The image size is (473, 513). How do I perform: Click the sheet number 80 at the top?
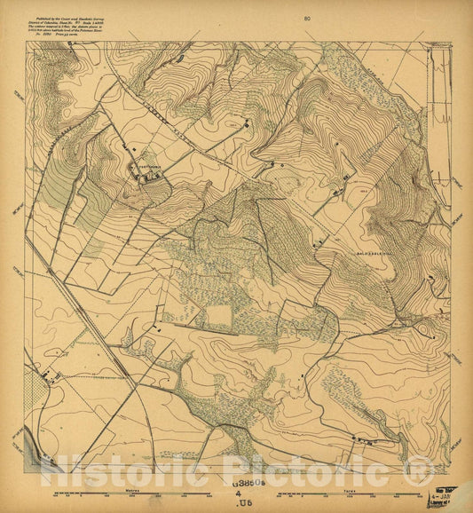pyautogui.click(x=307, y=18)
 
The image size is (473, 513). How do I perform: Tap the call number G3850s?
pyautogui.click(x=251, y=485)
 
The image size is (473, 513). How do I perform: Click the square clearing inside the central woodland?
pyautogui.click(x=218, y=316)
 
